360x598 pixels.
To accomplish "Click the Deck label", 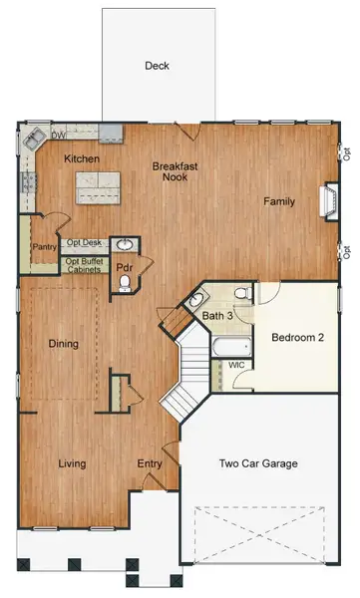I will pos(157,66).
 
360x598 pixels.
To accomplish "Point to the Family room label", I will pos(278,201).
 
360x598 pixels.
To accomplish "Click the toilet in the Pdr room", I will pos(125,285).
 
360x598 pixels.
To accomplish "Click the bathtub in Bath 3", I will pos(229,348).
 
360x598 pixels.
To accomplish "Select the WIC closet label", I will pos(237,365).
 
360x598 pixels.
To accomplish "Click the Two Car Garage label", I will pos(258,462).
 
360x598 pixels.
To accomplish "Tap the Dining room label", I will pos(64,344).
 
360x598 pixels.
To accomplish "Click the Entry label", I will pos(150,463).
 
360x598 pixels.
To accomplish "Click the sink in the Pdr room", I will pos(126,244).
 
